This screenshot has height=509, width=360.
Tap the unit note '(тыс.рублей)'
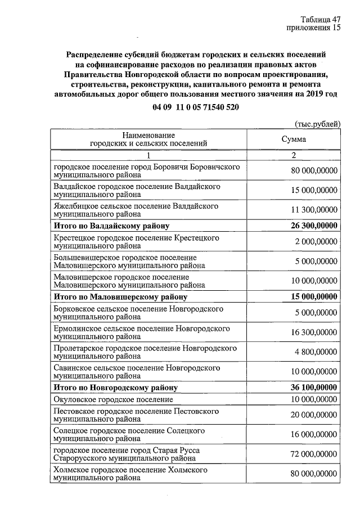point(318,124)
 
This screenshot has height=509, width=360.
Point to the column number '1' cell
point(149,155)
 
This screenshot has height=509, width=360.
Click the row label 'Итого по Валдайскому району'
point(111,227)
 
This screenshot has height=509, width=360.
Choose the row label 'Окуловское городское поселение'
point(112,399)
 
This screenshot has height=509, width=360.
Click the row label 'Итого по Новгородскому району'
point(115,388)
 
